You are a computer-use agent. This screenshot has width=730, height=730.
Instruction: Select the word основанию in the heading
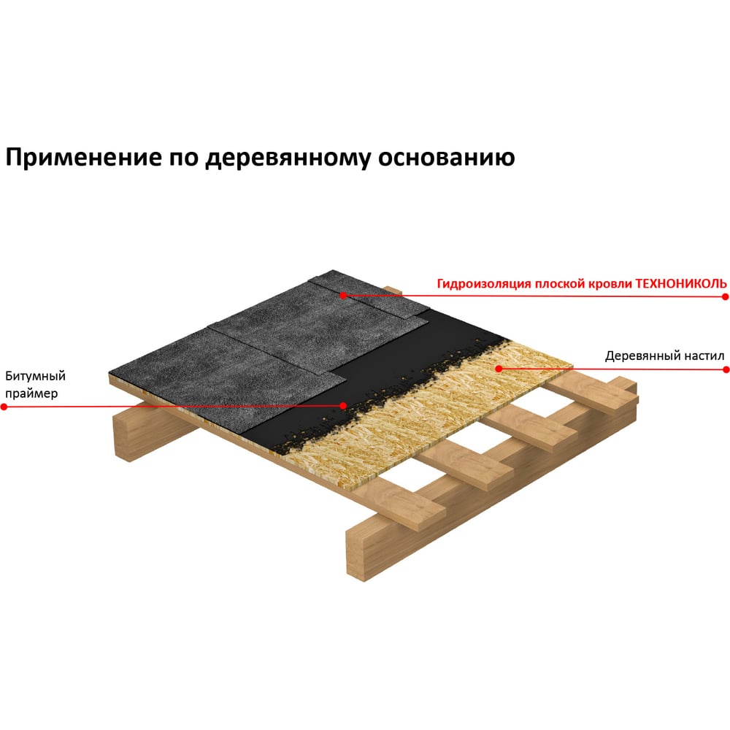click(x=445, y=158)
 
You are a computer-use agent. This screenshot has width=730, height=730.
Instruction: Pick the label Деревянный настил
click(x=664, y=357)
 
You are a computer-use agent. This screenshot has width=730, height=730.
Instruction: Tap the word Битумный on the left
click(x=36, y=377)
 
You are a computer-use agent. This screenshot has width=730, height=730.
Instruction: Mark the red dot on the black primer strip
click(x=342, y=405)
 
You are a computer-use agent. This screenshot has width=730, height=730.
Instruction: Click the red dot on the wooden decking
click(x=499, y=369)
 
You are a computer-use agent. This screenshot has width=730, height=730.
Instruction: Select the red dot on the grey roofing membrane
click(x=342, y=296)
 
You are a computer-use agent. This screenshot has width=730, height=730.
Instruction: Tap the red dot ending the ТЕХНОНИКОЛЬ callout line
click(x=725, y=296)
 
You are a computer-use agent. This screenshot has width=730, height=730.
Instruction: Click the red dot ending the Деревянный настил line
click(x=725, y=369)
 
